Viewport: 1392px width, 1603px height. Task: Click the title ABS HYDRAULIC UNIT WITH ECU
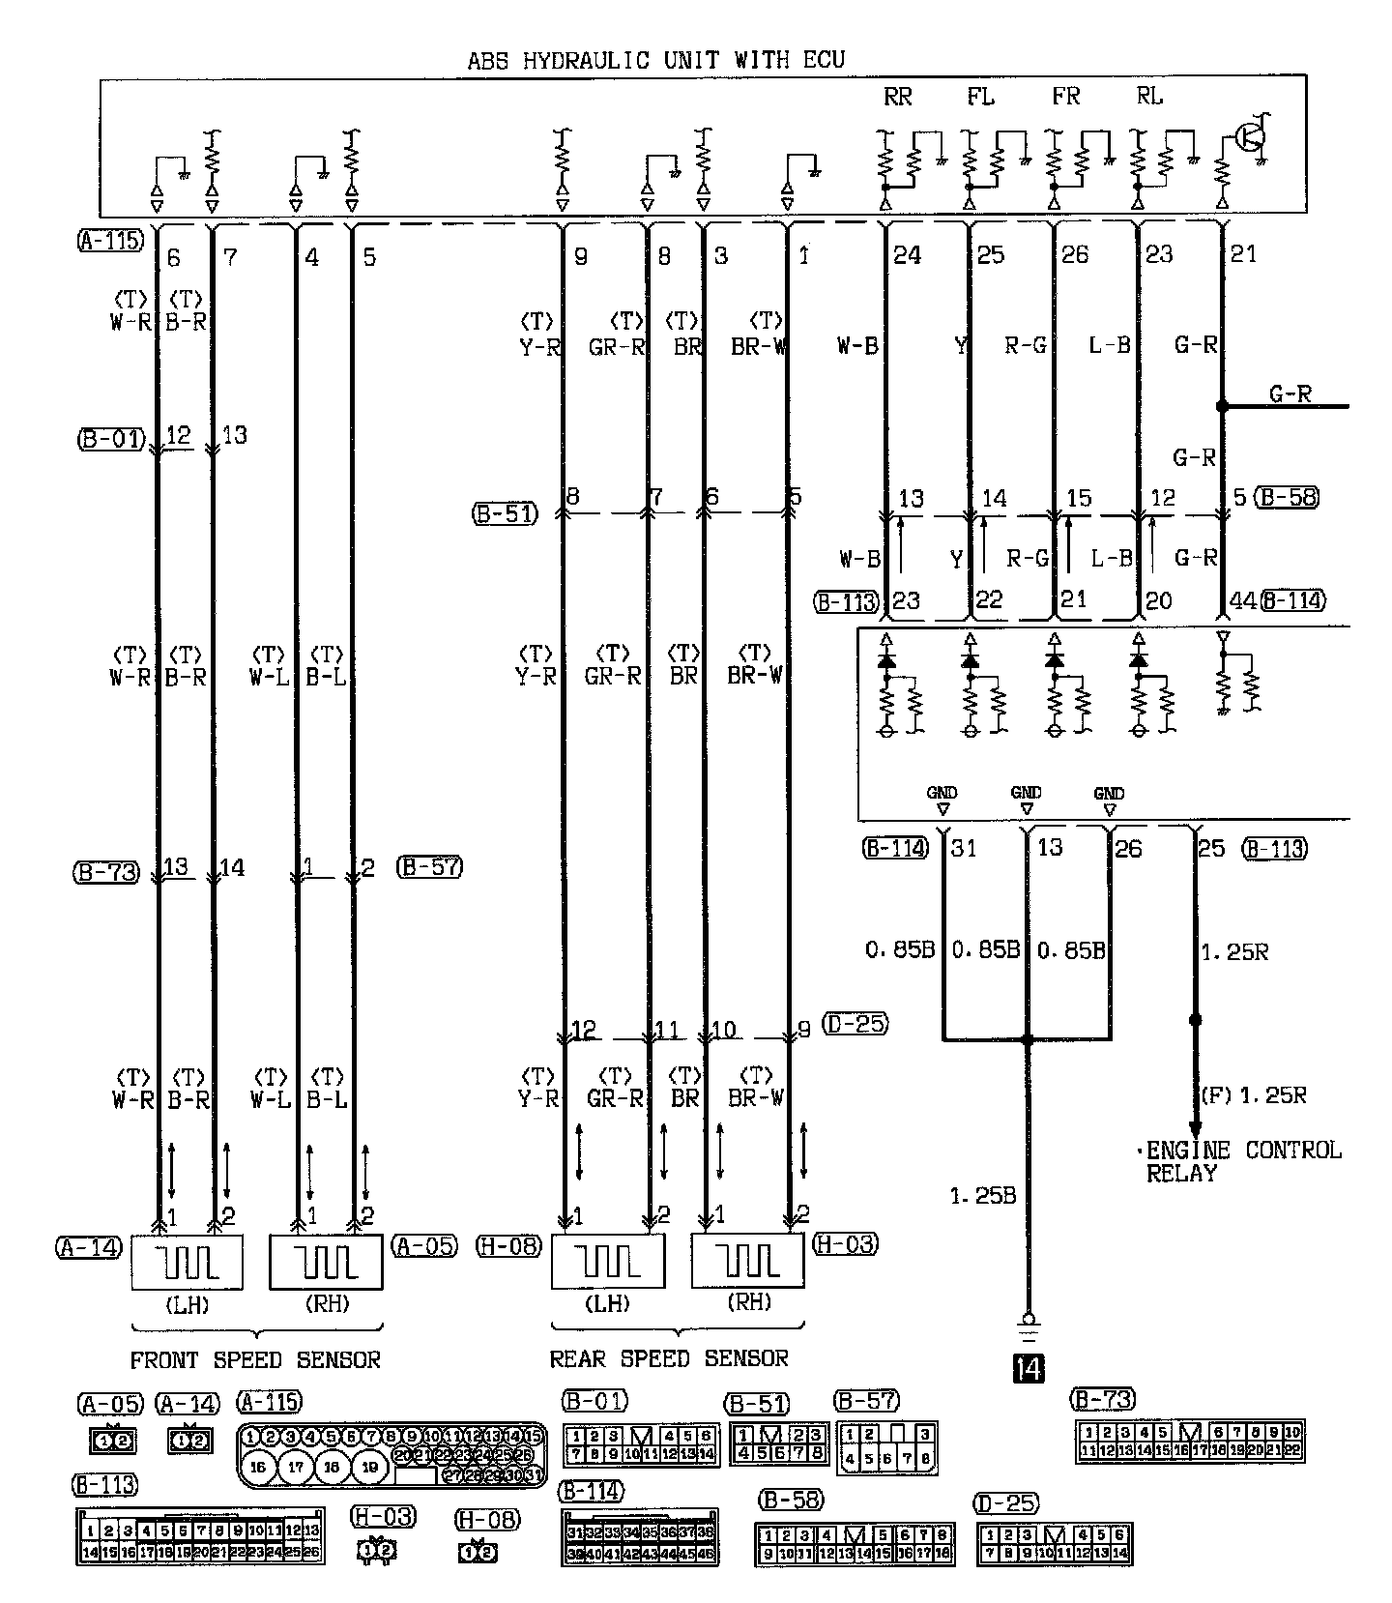pos(655,61)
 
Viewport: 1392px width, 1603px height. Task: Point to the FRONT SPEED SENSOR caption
pos(255,1360)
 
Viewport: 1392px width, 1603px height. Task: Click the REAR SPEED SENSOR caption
pos(669,1358)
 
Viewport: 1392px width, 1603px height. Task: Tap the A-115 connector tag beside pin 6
pos(110,241)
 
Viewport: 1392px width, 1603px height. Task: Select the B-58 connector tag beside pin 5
pos(1288,498)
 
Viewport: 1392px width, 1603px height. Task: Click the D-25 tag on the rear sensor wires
pos(855,1023)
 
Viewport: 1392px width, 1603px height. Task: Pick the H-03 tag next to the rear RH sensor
pos(845,1243)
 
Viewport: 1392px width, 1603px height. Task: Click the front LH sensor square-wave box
pos(187,1262)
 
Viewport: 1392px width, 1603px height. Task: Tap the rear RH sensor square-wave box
pos(747,1261)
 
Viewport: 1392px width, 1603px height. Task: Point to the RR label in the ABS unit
pos(897,97)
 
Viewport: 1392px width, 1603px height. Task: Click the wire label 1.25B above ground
pos(982,1196)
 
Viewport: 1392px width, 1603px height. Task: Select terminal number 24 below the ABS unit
pos(907,254)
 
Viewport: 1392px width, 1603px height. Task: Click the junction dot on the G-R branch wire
pos(1222,407)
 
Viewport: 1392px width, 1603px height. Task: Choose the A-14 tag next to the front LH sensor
pos(89,1247)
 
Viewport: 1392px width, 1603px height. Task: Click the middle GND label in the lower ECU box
pos(1026,793)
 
